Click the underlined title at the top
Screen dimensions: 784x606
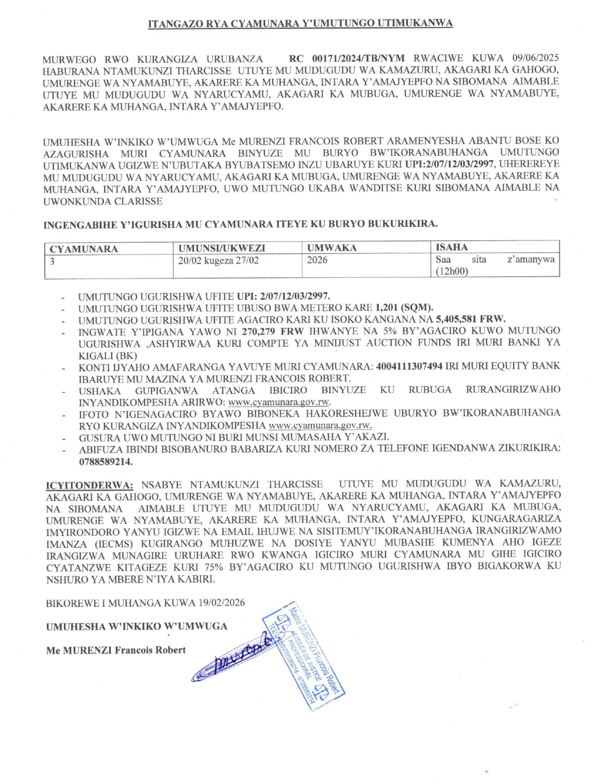(300, 24)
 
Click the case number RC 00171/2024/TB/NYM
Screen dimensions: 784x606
(346, 58)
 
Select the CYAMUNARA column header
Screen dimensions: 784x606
(84, 249)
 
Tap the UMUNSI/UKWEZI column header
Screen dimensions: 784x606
(221, 248)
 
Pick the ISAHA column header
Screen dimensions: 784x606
(452, 247)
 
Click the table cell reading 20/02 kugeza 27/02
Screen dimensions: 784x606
(219, 260)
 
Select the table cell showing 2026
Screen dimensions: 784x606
(317, 260)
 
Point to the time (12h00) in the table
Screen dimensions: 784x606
(452, 271)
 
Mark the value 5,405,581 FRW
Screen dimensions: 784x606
(471, 319)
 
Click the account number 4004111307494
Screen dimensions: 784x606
(409, 366)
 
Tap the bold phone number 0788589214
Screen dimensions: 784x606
(106, 461)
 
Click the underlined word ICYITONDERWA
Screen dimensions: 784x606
(89, 485)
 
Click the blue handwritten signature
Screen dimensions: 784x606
(235, 658)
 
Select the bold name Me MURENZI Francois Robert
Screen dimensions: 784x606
(115, 650)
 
